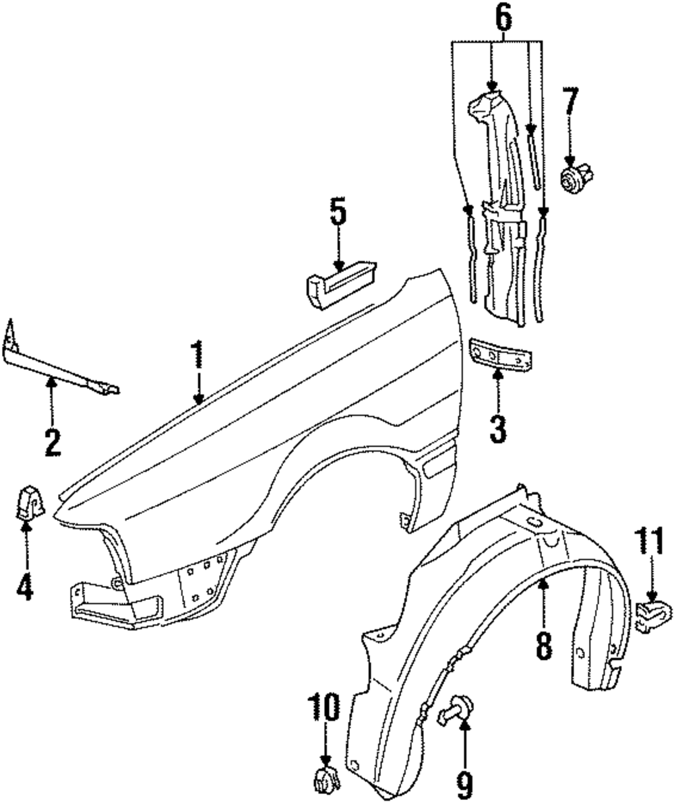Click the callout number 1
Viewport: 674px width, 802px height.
point(197,356)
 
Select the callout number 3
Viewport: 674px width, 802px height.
point(497,428)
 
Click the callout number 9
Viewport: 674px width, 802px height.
point(464,784)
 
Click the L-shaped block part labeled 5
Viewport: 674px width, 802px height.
point(338,283)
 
